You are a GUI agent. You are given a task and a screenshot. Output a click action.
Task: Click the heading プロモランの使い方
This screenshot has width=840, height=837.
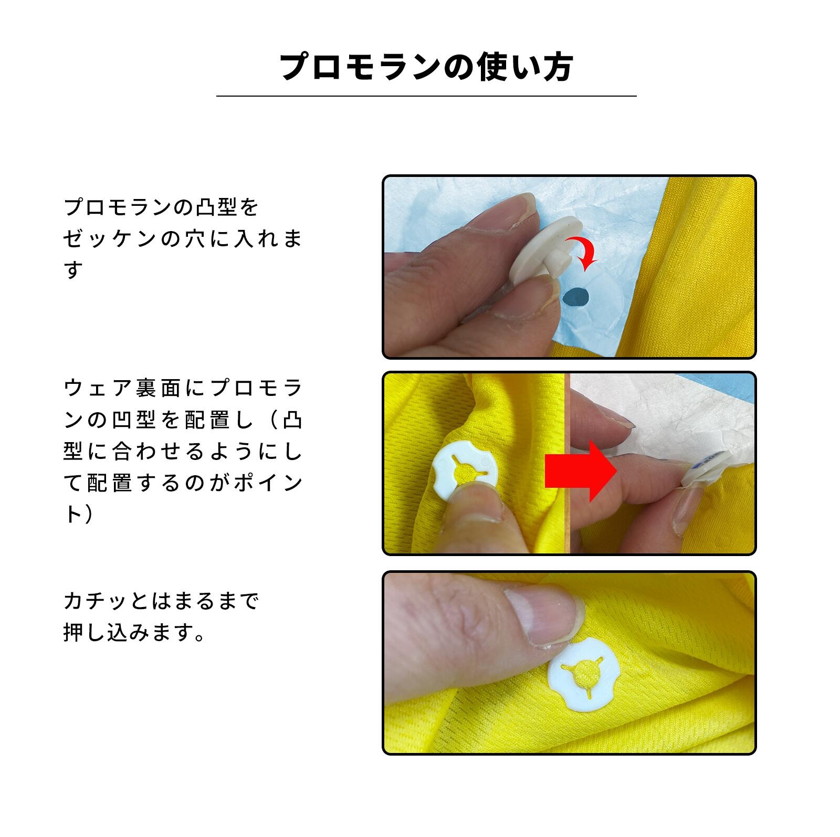point(426,68)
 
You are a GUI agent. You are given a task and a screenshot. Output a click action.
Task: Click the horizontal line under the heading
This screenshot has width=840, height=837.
point(426,96)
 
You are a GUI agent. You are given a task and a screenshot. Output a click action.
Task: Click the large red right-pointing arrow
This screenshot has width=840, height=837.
point(581,471)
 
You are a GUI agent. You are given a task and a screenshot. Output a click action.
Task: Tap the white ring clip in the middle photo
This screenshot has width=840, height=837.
point(464,467)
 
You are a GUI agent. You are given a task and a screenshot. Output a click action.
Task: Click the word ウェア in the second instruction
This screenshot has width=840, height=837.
point(97,389)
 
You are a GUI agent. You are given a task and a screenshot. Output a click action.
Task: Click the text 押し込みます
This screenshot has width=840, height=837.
point(126,633)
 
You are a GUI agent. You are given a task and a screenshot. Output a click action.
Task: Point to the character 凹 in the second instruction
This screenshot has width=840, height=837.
point(121,420)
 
